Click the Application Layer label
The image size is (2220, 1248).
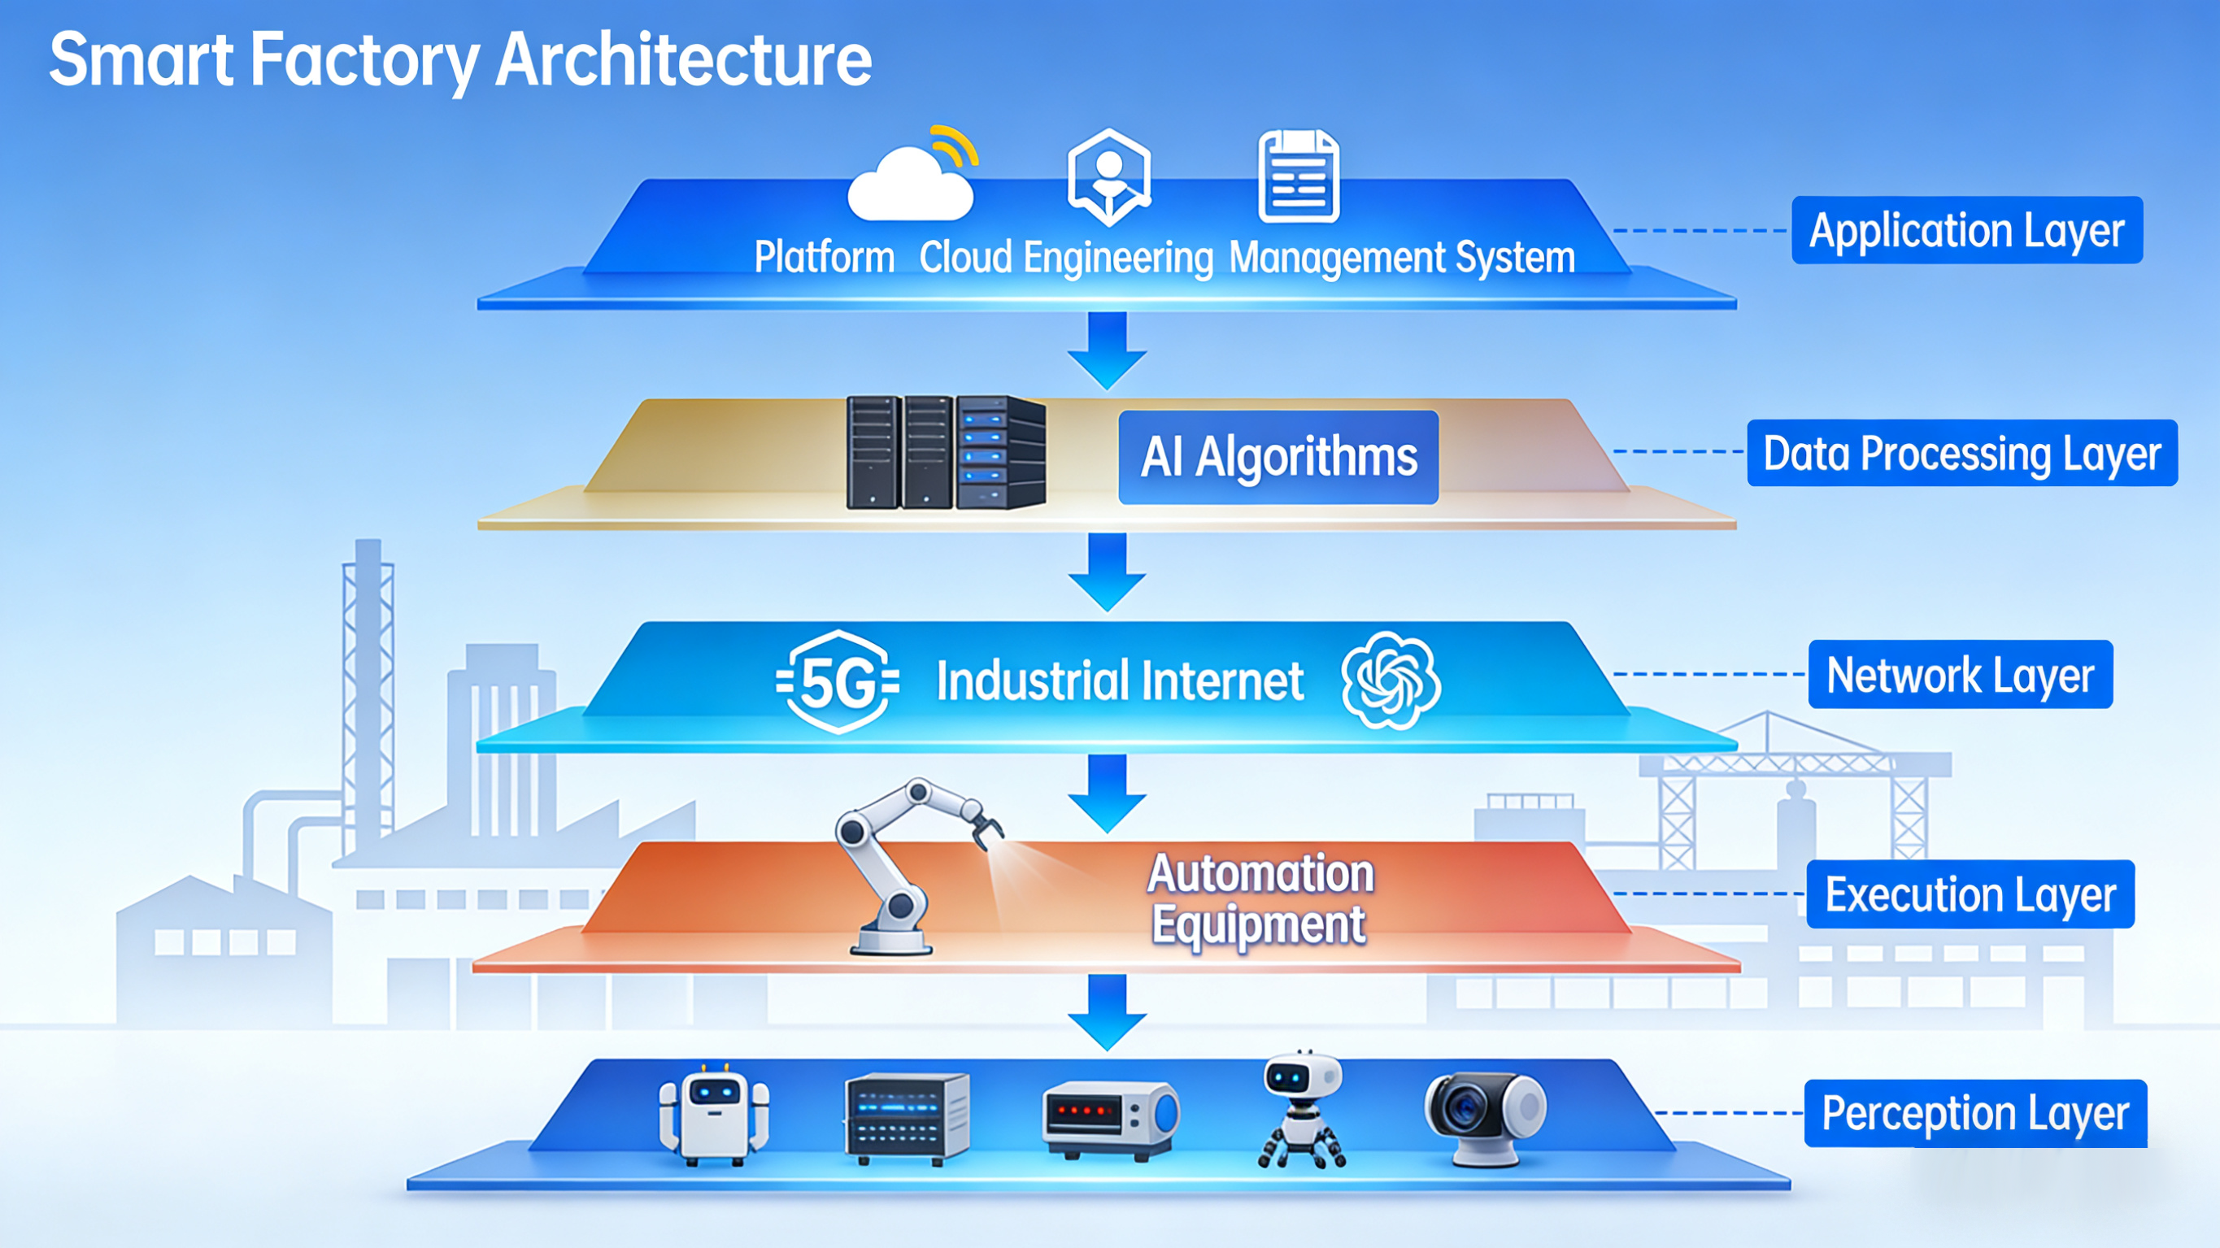pos(1966,230)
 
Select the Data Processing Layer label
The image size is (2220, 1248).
pos(1961,454)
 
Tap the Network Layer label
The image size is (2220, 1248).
pos(1960,674)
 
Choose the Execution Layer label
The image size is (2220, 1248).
pos(1970,894)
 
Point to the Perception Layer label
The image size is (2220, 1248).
pos(1975,1113)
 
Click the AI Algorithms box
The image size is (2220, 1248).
pos(1278,457)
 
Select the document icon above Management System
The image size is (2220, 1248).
pos(1299,176)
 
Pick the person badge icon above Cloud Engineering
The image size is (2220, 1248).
pos(1109,176)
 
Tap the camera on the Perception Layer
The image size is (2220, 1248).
pos(1484,1117)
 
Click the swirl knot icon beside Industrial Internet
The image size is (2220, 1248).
pos(1390,681)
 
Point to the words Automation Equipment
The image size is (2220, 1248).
pos(1260,899)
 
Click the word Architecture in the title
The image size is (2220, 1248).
pos(683,60)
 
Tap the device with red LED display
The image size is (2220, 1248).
pos(1110,1118)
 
